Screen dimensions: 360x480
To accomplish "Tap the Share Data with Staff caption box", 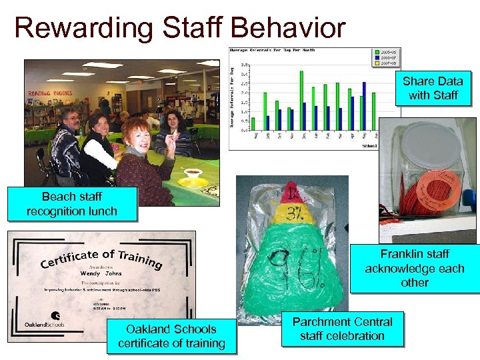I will tap(433, 88).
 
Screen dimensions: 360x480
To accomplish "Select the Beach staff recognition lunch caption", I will tap(71, 205).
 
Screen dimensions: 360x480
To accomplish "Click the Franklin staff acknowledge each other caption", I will tap(414, 268).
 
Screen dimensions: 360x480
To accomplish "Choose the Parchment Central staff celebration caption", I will tap(342, 329).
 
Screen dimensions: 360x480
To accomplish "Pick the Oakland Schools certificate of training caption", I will tap(171, 336).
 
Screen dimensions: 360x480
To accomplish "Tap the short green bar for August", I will tap(253, 124).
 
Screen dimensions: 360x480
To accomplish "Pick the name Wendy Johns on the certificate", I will tap(101, 273).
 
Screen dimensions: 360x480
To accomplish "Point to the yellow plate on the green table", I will tap(193, 182).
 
